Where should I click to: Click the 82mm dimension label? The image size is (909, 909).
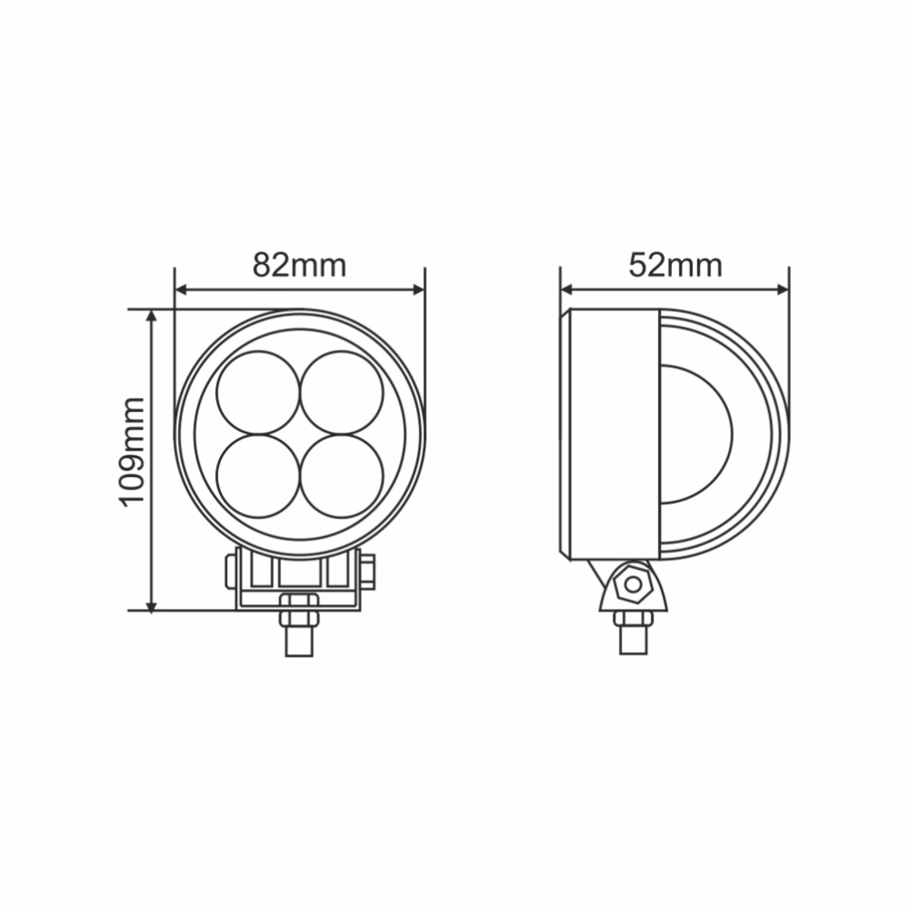pos(299,265)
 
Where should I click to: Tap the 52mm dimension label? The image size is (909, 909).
pos(675,265)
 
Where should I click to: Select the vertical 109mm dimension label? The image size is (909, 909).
pos(132,451)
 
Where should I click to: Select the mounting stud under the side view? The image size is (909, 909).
pos(633,633)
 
